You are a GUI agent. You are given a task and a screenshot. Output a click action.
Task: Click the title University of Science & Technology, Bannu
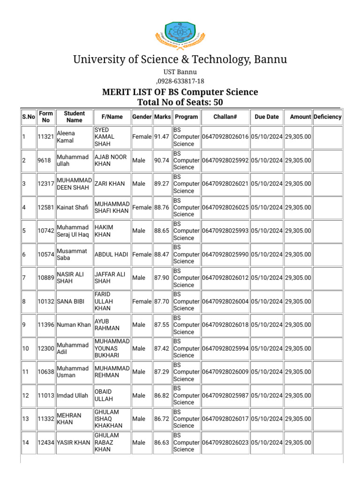[180, 60]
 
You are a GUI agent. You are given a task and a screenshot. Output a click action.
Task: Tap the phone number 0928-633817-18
[181, 81]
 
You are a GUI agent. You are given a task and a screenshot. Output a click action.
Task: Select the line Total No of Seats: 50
[180, 102]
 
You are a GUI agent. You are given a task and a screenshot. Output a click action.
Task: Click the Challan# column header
[225, 117]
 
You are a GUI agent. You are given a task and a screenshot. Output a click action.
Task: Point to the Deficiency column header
[327, 117]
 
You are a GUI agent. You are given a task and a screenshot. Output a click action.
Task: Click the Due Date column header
[267, 117]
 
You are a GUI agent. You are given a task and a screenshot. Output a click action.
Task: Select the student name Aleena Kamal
[66, 137]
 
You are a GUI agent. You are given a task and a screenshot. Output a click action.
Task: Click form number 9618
[44, 160]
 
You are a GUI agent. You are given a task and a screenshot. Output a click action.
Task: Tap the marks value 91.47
[162, 137]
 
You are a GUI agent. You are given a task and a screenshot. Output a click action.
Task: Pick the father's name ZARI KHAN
[110, 184]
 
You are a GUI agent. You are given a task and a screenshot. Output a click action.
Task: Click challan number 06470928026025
[225, 207]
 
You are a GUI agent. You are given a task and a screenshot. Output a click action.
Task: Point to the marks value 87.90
[162, 278]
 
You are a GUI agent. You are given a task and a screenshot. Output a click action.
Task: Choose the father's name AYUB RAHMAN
[107, 325]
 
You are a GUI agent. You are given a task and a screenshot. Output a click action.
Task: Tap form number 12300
[45, 348]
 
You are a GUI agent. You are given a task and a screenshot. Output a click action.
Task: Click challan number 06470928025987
[225, 396]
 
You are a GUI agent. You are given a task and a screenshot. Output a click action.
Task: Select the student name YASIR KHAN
[73, 442]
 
